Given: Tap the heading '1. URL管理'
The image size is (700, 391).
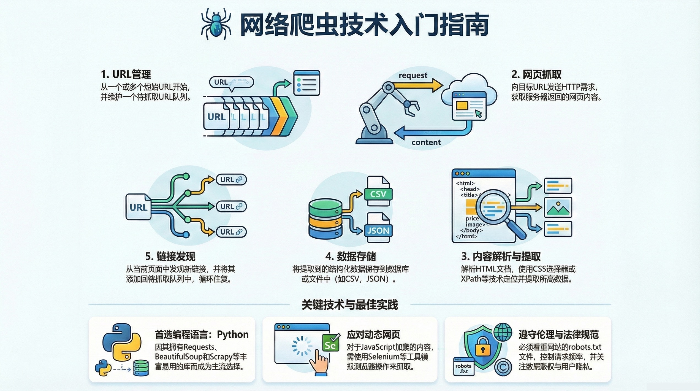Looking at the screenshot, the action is click(x=126, y=74).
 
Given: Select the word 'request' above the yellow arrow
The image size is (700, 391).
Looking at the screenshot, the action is click(x=413, y=75).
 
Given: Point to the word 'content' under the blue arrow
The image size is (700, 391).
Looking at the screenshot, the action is click(x=426, y=142).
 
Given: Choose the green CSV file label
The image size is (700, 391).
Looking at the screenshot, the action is click(x=378, y=194).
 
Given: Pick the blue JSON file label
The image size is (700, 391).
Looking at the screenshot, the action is click(x=378, y=230).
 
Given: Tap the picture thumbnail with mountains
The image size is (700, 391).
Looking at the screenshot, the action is click(x=558, y=207).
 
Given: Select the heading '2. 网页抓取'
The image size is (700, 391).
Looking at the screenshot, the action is click(x=536, y=74).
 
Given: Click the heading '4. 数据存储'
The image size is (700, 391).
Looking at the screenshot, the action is click(x=350, y=257).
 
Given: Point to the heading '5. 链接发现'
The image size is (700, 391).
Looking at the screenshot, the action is click(x=170, y=257).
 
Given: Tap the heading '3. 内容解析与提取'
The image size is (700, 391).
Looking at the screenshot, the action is click(x=501, y=257).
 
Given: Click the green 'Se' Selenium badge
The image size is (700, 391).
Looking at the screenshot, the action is click(x=330, y=344).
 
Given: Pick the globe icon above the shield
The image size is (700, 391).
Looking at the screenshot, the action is click(x=503, y=332).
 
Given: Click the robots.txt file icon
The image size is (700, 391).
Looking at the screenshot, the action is click(x=463, y=367).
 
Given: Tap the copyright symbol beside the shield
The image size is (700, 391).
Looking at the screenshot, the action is click(x=503, y=367).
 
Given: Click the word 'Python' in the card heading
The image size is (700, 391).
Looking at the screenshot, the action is click(x=233, y=334).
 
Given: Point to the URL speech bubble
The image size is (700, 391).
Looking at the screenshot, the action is click(x=231, y=82).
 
